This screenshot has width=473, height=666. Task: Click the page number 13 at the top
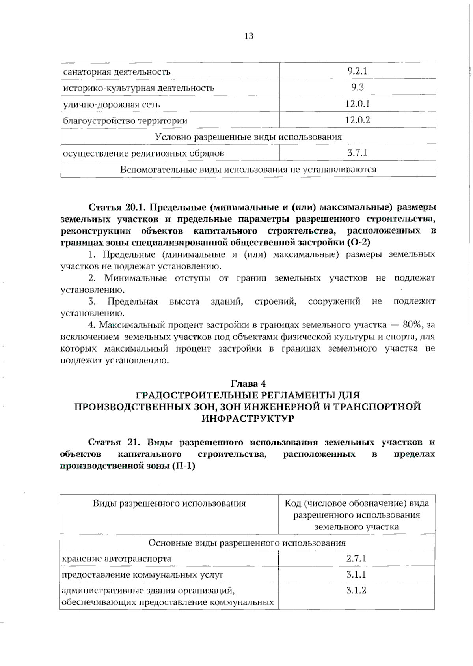coord(249,36)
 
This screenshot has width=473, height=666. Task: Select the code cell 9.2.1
coord(357,71)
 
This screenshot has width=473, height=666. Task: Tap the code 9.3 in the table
coord(357,88)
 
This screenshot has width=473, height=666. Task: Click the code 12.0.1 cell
coord(357,104)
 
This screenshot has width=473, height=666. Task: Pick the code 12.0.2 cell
coord(357,120)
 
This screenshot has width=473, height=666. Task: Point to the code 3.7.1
coord(357,153)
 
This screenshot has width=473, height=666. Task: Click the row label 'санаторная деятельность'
coord(117,72)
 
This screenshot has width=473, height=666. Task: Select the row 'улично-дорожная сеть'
coord(112,105)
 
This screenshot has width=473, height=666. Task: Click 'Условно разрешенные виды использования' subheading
coord(248,137)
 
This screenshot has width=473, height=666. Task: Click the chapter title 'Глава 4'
coord(248,384)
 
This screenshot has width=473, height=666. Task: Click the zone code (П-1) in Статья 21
coord(184,466)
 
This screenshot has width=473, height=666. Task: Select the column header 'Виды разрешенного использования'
coord(169,503)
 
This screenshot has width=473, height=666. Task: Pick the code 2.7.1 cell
coord(356,558)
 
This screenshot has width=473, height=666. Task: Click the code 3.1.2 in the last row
coord(356,591)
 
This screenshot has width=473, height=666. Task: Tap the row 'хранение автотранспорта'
coord(117,559)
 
